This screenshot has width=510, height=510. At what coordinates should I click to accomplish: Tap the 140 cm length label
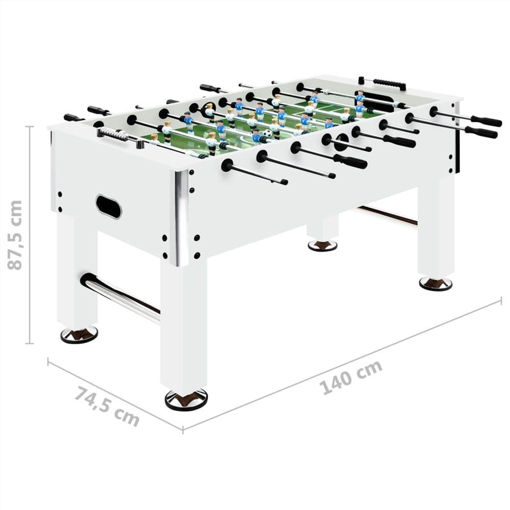coord(352,377)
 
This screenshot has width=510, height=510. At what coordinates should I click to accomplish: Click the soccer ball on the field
coord(268,134)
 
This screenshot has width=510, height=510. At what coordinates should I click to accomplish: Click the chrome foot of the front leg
coord(186,399)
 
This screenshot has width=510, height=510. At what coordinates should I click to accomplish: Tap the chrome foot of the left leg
coord(79,335)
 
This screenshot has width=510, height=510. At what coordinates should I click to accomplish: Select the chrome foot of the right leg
coord(436,284)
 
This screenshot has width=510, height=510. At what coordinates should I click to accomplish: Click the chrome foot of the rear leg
coord(322,245)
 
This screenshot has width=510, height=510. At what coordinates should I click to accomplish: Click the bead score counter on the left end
coord(113,134)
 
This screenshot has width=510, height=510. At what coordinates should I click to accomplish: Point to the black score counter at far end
coord(389,83)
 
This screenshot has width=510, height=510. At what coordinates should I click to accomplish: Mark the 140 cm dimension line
coord(342,364)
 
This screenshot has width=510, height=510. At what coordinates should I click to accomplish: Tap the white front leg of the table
coord(184,326)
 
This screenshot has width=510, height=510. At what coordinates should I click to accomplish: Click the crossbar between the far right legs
coord(388,215)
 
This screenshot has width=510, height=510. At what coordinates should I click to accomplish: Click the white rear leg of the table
coord(322,227)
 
